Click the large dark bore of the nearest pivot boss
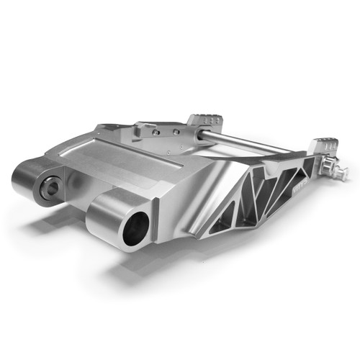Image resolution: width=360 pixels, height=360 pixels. click(135, 230)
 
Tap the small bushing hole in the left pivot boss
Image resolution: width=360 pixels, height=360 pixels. click(52, 189)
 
